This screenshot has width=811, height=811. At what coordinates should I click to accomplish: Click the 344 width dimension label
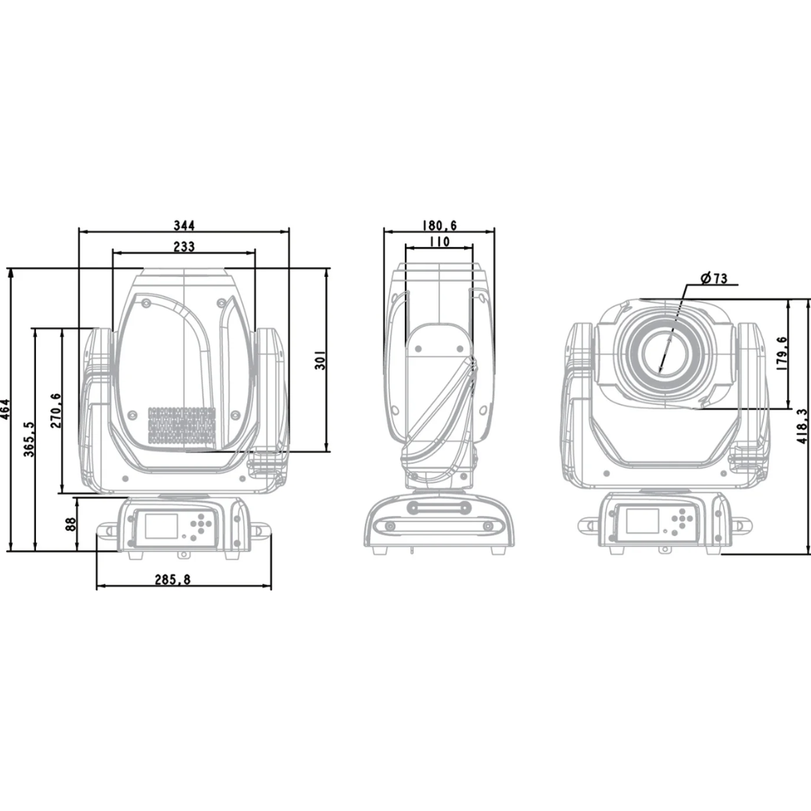coord(184,225)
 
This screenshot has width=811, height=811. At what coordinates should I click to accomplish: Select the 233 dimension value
coord(184,247)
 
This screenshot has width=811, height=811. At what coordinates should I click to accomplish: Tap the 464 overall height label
coord(5,409)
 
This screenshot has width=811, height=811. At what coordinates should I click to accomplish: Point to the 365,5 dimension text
coord(29,439)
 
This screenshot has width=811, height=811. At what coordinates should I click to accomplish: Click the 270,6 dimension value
coord(56,410)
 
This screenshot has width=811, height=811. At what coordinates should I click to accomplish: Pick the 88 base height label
coord(71,524)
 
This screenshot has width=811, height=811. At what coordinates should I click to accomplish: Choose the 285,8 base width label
coord(173,580)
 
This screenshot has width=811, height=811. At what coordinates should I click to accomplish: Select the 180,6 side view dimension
coord(439,225)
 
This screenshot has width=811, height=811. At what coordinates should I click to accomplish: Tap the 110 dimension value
coord(439,242)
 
